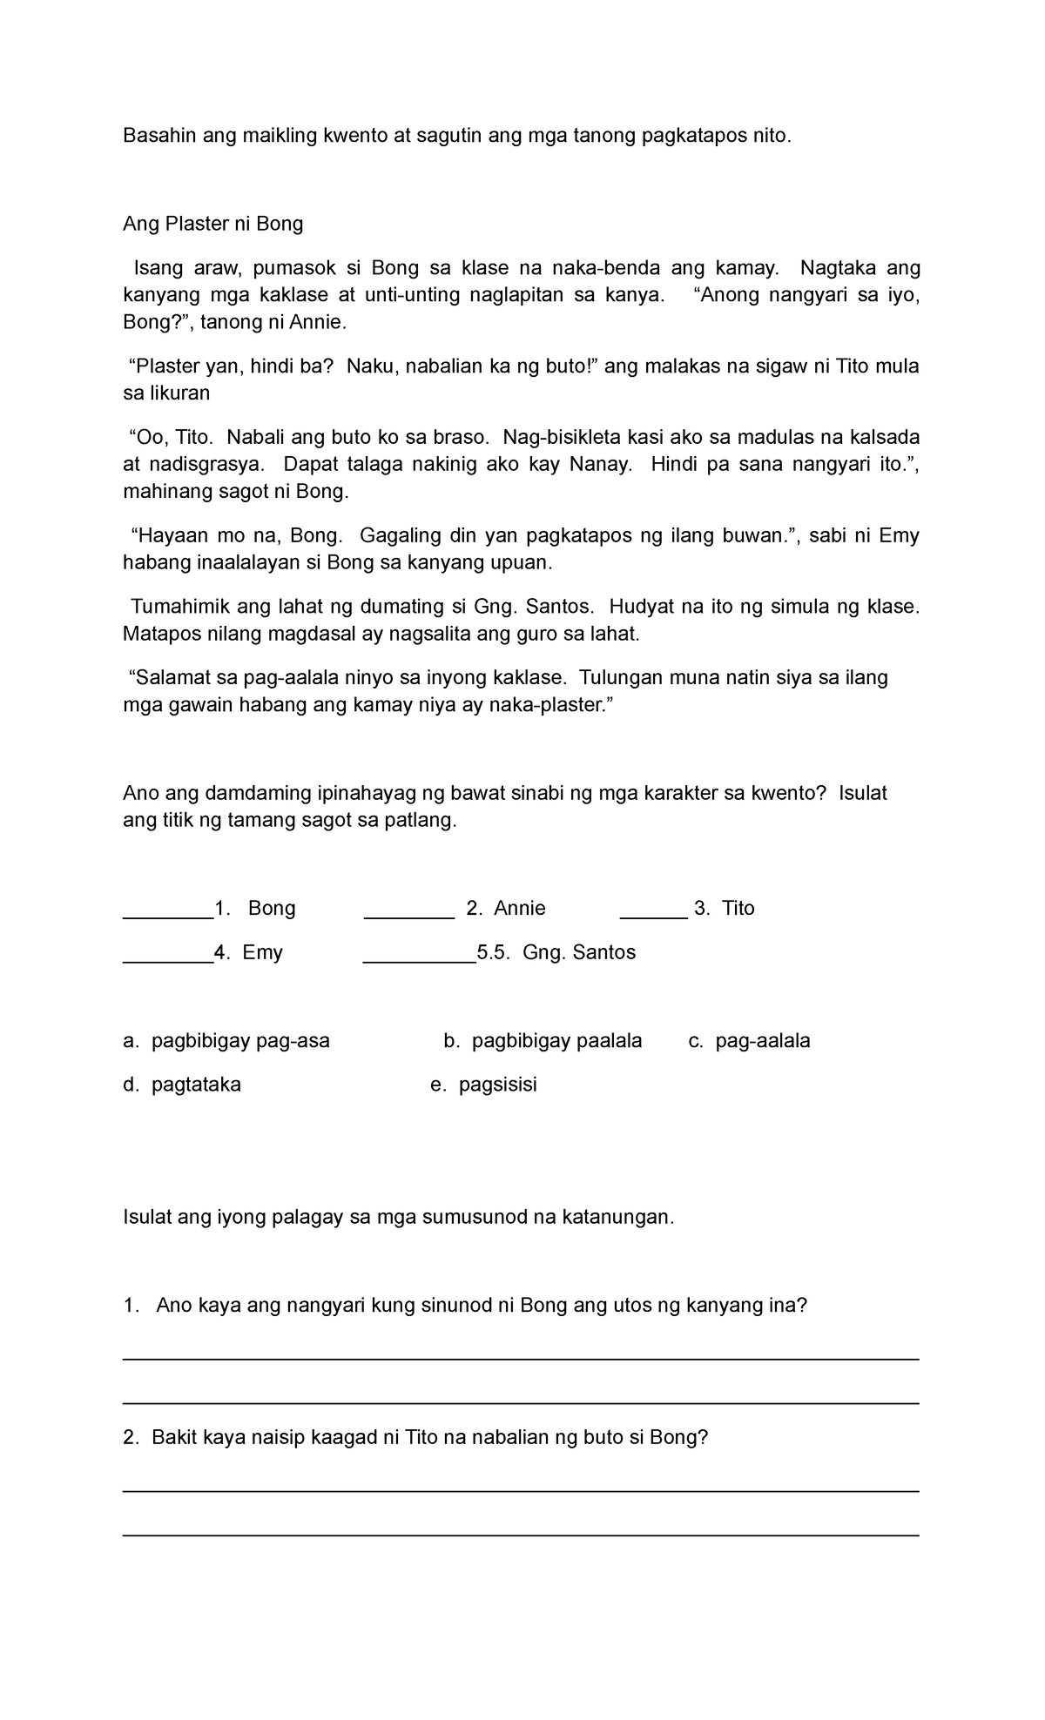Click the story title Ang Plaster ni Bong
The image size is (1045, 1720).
tap(212, 224)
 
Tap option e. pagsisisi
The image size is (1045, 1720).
tap(484, 1085)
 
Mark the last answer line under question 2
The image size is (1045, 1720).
tap(521, 1535)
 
